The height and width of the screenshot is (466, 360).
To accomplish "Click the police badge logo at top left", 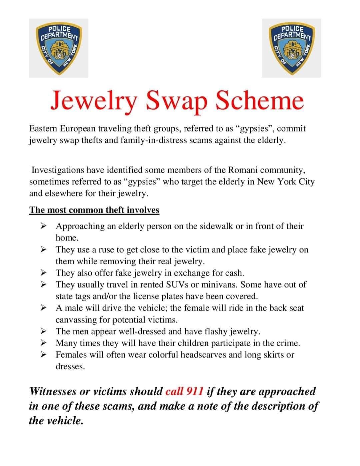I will point(59,48).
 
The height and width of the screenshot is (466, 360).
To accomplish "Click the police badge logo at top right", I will point(291,48).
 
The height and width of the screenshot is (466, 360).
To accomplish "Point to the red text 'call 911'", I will point(184,391).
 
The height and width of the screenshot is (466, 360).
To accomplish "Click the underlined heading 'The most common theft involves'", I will point(94,210).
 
